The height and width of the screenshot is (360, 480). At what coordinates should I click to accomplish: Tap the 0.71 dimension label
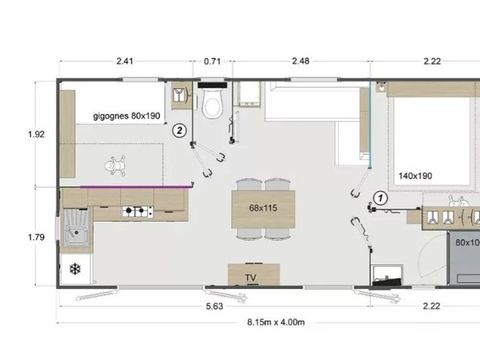pos(212,61)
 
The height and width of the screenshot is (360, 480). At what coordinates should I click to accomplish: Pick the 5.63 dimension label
pos(213,306)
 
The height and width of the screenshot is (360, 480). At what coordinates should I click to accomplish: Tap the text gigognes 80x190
pos(127,116)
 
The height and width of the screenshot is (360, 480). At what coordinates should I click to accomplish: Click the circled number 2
pos(179,129)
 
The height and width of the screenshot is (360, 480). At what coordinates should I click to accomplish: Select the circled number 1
pos(380,198)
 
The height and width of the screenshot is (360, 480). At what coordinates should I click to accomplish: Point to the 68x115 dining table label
pos(250,208)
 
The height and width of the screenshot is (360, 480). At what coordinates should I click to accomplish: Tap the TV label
pos(249,277)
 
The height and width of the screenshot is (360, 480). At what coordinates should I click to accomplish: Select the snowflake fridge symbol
pos(75,269)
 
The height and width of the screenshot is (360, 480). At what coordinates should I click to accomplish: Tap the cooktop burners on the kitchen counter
pos(136,211)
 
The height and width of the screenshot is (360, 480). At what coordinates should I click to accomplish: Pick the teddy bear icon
pos(116,161)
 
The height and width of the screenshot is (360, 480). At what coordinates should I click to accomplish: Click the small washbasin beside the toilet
pos(180,96)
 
